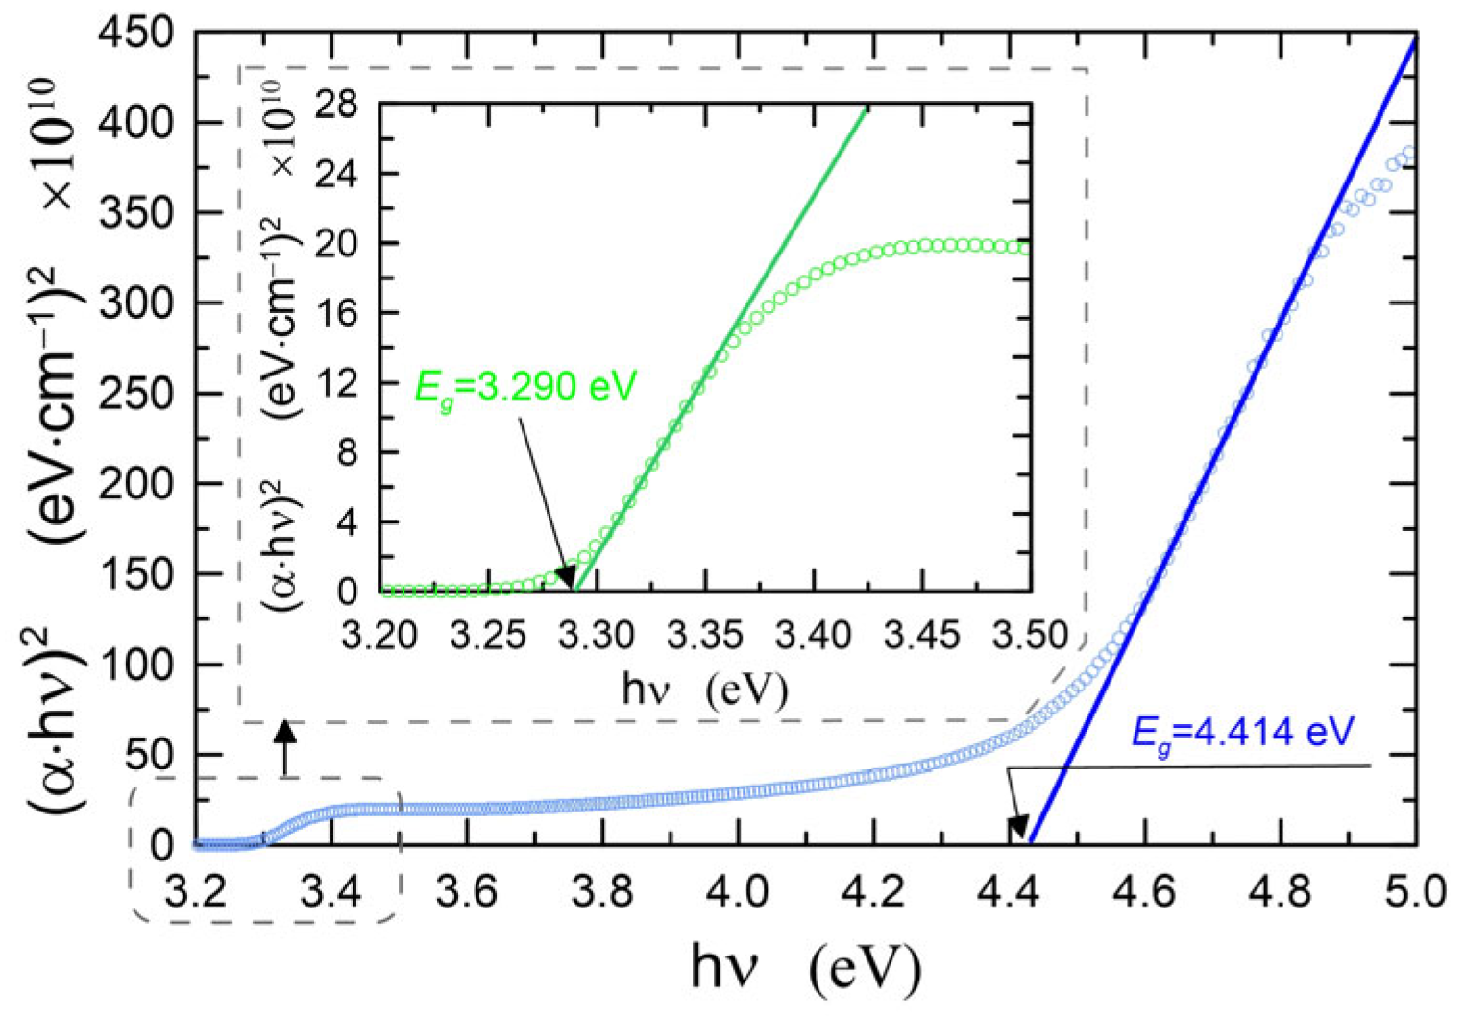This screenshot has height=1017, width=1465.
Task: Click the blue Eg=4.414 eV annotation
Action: coord(1242,734)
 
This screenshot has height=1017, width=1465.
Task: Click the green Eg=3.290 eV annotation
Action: coord(525,386)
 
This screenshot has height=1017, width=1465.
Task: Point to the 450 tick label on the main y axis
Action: coord(137,35)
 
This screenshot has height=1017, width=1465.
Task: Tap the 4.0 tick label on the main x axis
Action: coord(737,892)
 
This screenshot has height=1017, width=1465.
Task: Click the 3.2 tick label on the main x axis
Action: coord(196,892)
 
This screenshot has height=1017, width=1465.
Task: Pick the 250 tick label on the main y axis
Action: coord(137,394)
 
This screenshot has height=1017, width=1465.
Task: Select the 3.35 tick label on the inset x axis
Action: coord(706,636)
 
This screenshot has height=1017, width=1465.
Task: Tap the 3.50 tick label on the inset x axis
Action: coord(1030,636)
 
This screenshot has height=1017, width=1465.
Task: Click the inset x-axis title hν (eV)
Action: coord(704,690)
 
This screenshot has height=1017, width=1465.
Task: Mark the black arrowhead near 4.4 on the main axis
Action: coord(1017,828)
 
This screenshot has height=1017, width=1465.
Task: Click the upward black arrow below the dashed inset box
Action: coord(285,745)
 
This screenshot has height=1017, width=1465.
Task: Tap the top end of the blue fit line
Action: coord(1414,38)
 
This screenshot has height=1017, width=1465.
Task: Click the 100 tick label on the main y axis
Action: coord(137,665)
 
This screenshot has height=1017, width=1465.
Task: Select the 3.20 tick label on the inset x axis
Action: coord(381,636)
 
